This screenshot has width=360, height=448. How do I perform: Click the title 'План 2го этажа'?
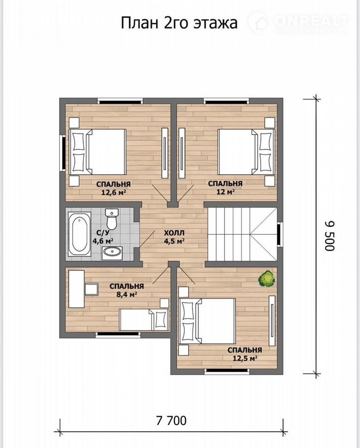tap(179, 23)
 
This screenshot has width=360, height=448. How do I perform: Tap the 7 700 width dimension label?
tap(171, 420)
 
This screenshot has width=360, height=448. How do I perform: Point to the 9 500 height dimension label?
tap(329, 236)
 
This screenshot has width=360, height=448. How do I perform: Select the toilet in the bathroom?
tap(111, 219)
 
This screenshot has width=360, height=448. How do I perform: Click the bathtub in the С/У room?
tap(80, 234)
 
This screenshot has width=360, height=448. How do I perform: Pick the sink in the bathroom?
tap(112, 253)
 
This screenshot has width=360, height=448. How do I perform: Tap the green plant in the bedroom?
tap(267, 279)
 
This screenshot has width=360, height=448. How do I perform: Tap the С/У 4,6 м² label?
tap(102, 236)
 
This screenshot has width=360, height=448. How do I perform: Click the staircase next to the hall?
tap(242, 234)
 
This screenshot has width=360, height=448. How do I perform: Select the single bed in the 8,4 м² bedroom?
tap(143, 320)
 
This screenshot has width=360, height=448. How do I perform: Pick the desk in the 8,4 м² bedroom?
tap(77, 289)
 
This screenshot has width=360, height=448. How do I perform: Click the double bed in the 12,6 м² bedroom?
tap(97, 152)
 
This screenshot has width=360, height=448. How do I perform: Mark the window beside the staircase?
tap(280, 234)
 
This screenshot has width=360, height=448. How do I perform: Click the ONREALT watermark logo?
tap(299, 22)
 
